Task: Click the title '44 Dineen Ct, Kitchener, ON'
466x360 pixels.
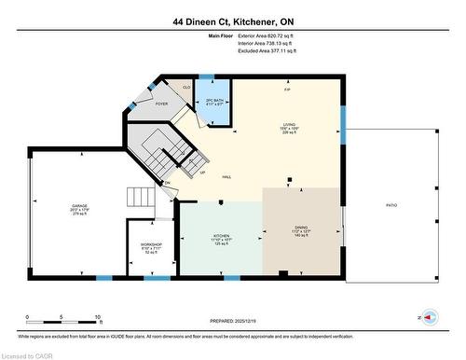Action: [233, 21]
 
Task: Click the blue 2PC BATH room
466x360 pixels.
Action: [216, 104]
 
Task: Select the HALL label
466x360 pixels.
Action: [226, 177]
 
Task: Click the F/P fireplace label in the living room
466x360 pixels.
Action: [287, 89]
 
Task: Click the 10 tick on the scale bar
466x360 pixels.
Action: [98, 318]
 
